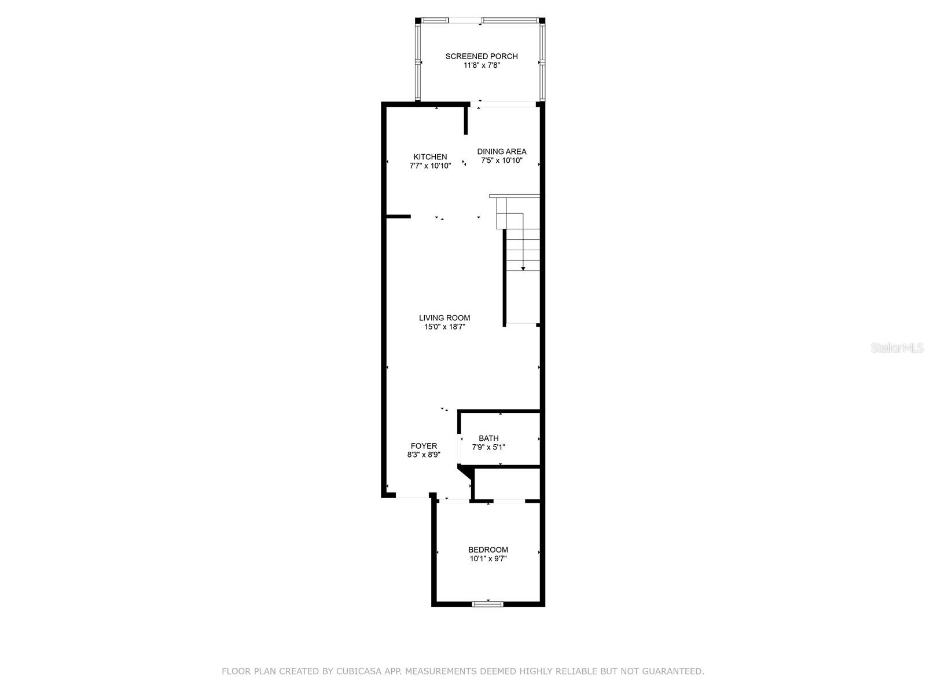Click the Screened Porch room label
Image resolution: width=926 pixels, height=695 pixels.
coord(482,56)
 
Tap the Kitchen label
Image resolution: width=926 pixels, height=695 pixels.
coord(430,157)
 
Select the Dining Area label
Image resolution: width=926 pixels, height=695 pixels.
coord(502,152)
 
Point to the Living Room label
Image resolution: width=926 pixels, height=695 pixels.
coord(444,318)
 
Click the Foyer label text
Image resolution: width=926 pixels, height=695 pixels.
coord(424,446)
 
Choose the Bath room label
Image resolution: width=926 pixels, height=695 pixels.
coord(488,438)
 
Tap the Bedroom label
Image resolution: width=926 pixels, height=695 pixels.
coord(488,550)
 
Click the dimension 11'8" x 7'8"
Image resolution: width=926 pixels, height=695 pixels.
coord(482,65)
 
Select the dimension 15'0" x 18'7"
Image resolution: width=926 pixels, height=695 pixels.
coord(444,327)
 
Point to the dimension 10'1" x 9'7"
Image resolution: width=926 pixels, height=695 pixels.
coord(488,559)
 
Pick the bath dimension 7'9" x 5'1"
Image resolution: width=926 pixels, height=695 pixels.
coord(488,447)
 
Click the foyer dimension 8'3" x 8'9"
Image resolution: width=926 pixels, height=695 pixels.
coord(424,455)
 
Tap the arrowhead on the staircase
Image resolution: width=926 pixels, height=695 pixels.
coord(523,268)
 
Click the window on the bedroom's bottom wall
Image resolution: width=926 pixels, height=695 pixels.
coord(488,604)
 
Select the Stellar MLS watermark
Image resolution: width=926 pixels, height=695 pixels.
coord(897,348)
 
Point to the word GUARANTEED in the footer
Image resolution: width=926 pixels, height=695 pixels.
coord(673,671)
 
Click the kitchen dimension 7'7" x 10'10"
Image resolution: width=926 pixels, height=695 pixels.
coord(430,166)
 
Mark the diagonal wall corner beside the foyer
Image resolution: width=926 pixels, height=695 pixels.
coord(465,472)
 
